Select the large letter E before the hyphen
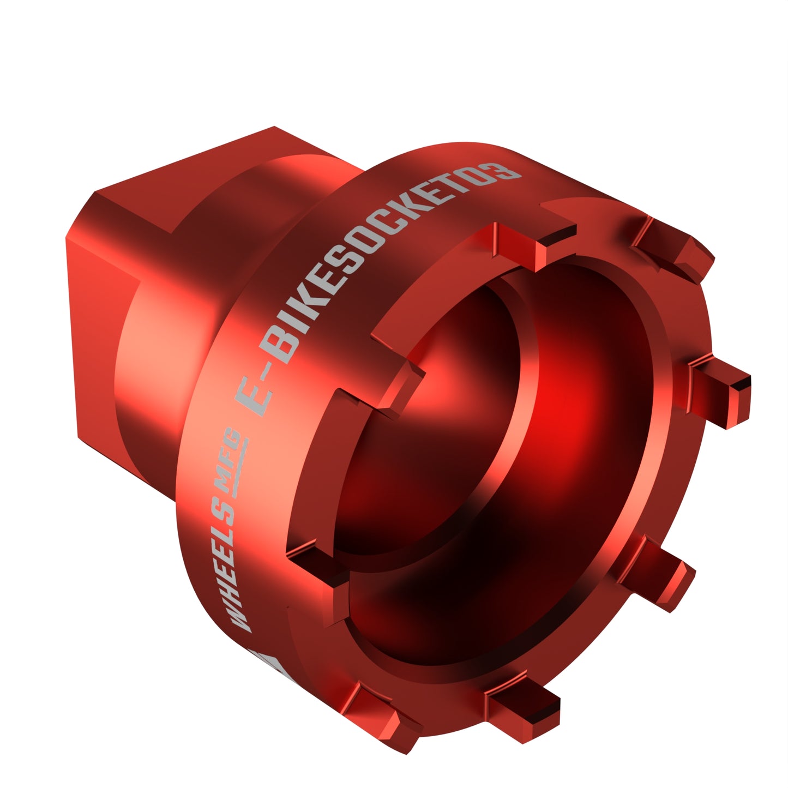[x=256, y=396]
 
